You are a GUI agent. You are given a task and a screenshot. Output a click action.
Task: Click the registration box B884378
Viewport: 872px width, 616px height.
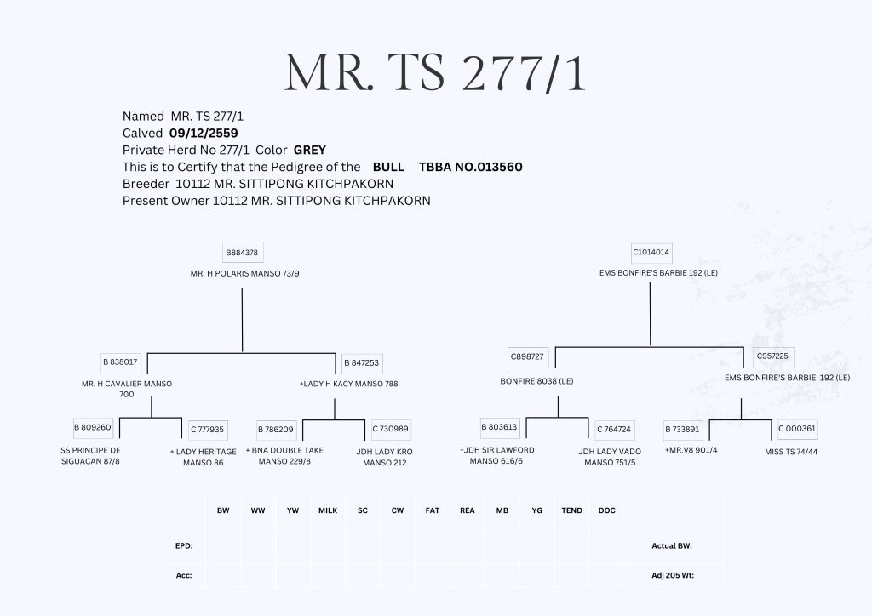(x=242, y=253)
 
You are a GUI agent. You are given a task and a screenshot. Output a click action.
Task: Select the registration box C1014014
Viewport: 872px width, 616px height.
(x=651, y=253)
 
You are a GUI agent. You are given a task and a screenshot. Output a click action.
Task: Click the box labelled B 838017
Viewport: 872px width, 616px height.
(x=120, y=362)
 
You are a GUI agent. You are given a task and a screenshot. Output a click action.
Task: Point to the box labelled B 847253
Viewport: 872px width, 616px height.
(x=361, y=362)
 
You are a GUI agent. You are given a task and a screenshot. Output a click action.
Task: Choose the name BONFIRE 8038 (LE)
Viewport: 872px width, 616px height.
(x=536, y=380)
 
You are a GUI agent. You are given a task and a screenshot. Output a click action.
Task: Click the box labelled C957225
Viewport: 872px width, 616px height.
(x=771, y=356)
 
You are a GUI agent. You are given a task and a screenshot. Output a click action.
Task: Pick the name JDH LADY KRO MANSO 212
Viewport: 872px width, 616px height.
(x=384, y=456)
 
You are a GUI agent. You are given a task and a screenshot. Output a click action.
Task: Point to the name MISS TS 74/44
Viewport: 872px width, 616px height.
(x=791, y=451)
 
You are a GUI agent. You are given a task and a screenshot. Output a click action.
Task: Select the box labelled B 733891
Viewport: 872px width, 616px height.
(x=682, y=429)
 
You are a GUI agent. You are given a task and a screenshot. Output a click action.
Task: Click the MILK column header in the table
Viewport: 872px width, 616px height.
(x=328, y=510)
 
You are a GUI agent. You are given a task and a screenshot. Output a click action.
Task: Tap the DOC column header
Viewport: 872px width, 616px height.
(x=606, y=510)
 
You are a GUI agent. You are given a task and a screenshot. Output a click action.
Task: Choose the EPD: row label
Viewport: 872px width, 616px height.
(x=184, y=545)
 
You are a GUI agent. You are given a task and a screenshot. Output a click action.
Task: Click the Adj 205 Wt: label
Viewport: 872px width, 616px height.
(x=673, y=575)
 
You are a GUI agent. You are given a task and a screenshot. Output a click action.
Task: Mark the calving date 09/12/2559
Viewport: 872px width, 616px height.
(x=204, y=133)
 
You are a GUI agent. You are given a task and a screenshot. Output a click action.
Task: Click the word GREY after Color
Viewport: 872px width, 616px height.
(x=310, y=150)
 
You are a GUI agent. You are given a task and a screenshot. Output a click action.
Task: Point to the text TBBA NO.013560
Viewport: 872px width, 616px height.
(x=470, y=167)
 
